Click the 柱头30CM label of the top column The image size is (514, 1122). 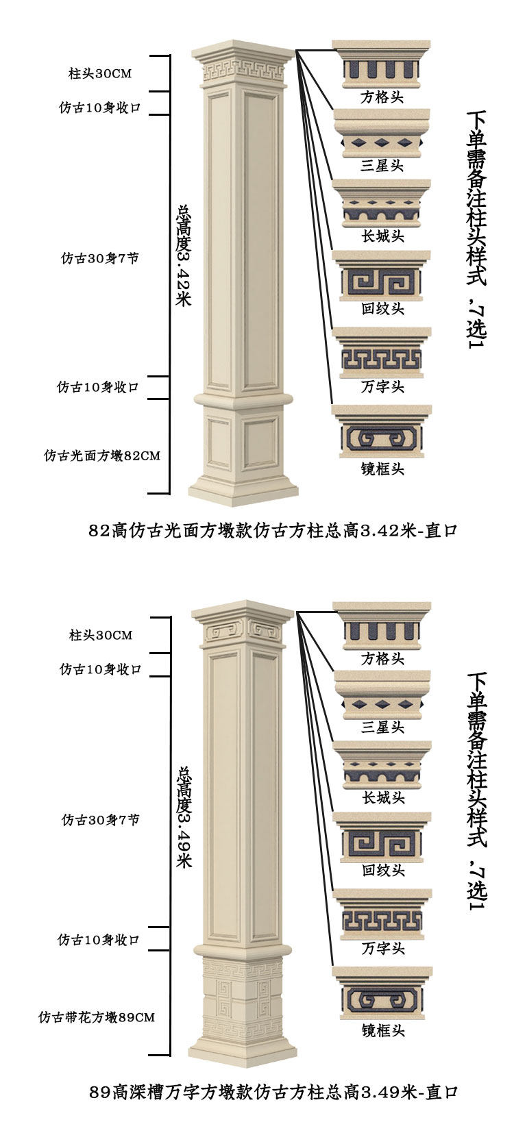(100, 74)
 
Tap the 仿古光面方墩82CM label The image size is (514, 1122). (102, 456)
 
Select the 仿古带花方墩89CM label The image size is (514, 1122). (97, 1017)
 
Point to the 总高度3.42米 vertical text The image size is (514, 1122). (183, 255)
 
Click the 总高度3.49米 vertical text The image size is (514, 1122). (184, 817)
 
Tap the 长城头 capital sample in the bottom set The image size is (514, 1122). (382, 766)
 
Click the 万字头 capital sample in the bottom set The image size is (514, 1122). (382, 914)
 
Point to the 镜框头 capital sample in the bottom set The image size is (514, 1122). (382, 993)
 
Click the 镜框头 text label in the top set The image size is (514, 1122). (382, 469)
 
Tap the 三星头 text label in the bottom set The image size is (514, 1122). (382, 727)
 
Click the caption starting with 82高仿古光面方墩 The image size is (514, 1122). (273, 531)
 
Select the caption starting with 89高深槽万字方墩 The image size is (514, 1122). (273, 1092)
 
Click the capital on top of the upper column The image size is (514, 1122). (243, 66)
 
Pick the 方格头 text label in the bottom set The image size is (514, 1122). (382, 659)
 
